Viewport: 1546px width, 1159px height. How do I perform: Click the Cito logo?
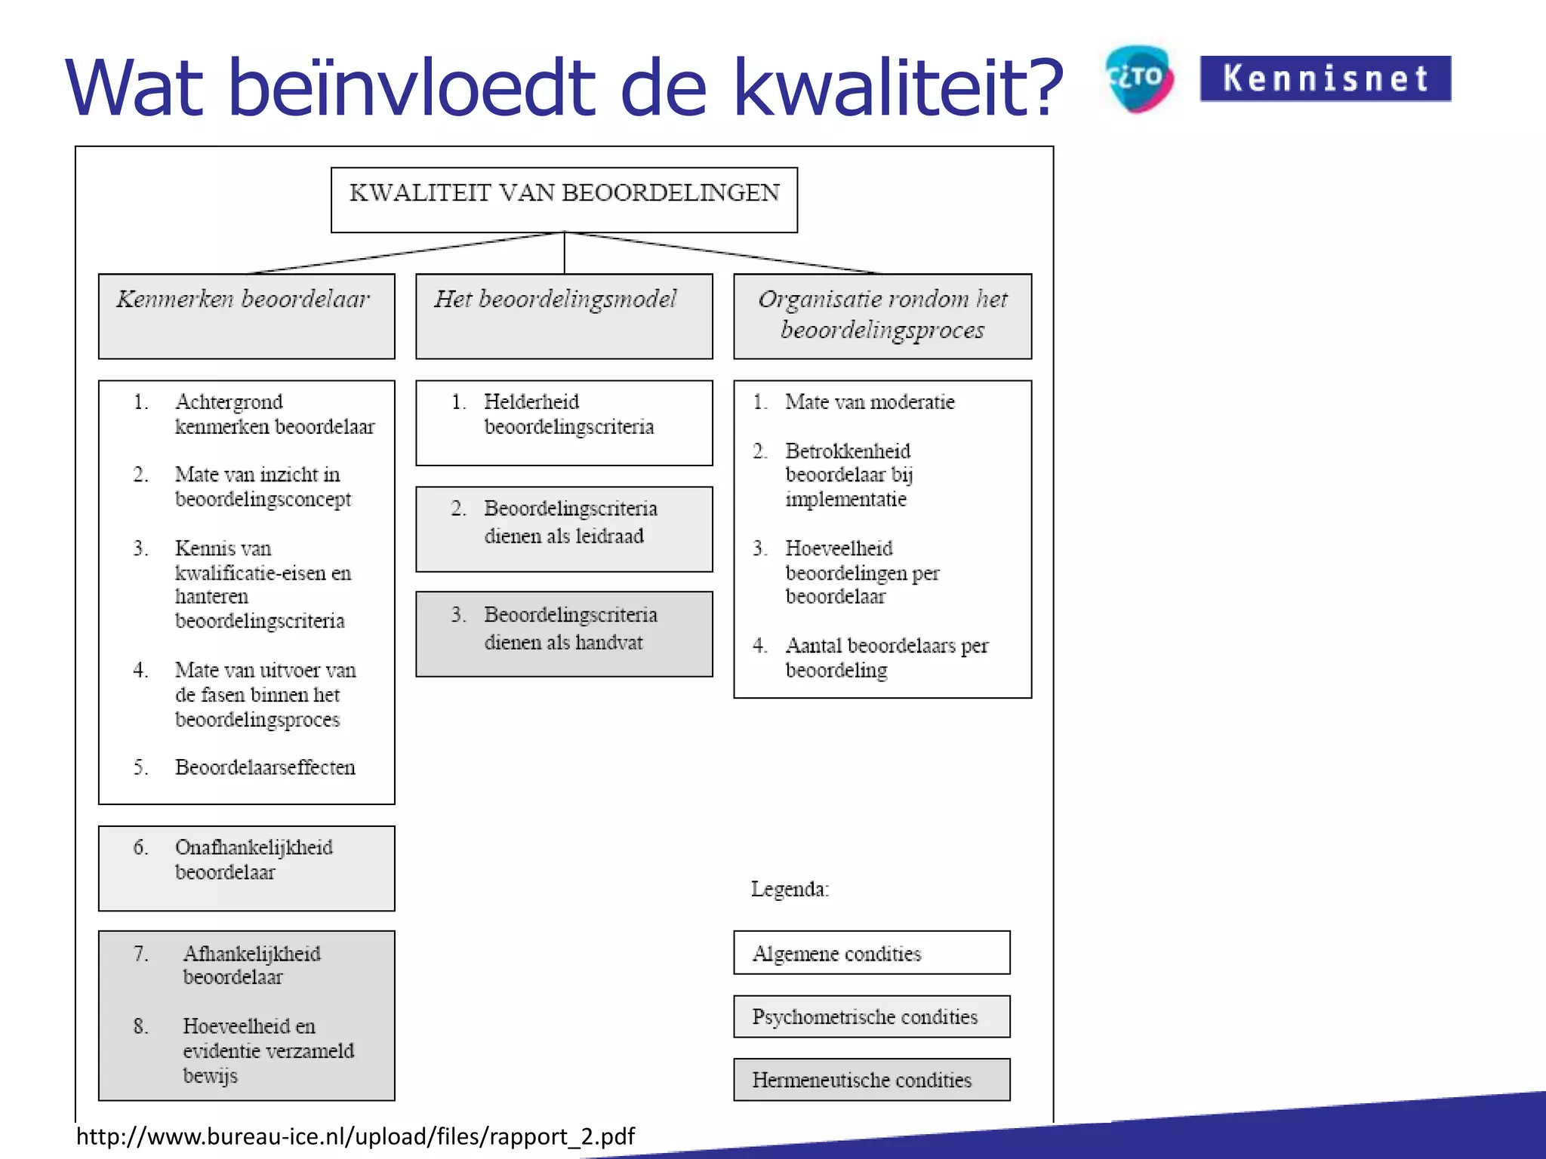click(1139, 78)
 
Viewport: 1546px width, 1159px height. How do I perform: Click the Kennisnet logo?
click(1325, 78)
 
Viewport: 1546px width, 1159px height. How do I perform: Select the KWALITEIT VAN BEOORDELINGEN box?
click(564, 199)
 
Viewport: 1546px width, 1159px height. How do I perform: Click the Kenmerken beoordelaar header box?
click(246, 315)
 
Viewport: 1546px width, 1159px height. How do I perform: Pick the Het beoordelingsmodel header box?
click(564, 315)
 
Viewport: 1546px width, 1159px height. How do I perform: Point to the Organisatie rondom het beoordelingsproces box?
click(882, 315)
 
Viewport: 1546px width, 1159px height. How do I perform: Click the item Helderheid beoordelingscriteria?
click(568, 414)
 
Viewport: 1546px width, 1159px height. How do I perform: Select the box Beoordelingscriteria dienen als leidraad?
click(564, 528)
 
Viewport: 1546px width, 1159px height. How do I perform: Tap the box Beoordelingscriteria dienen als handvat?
click(564, 633)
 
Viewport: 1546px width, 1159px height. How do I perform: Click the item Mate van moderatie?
click(869, 402)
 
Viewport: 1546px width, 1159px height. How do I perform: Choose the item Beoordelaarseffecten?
click(264, 767)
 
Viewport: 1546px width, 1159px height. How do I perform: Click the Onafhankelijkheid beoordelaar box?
click(246, 867)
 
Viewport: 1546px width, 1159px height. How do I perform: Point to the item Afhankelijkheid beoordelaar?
click(251, 965)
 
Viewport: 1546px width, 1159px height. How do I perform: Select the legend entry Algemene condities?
click(871, 952)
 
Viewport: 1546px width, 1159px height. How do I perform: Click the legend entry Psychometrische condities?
click(871, 1016)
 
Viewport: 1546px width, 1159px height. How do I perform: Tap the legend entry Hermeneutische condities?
click(871, 1080)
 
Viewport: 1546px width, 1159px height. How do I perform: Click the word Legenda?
click(790, 889)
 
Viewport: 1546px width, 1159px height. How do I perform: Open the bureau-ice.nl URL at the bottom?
click(355, 1136)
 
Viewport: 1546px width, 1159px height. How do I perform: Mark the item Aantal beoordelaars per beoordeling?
click(885, 657)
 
